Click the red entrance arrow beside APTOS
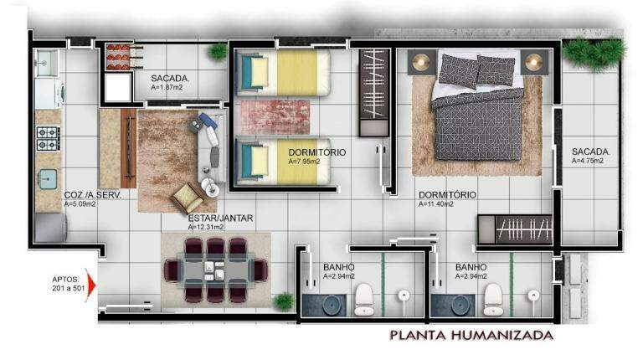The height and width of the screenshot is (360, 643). pyautogui.click(x=90, y=285)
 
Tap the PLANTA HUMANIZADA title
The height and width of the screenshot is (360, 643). pyautogui.click(x=471, y=335)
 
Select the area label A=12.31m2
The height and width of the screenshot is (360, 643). pyautogui.click(x=206, y=227)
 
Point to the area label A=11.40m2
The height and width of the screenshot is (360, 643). pyautogui.click(x=436, y=204)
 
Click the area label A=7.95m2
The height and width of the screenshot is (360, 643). pyautogui.click(x=304, y=162)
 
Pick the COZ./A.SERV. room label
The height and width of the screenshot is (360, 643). pyautogui.click(x=93, y=195)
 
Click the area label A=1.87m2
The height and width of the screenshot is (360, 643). pyautogui.click(x=167, y=87)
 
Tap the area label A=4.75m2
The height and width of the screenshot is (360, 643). pyautogui.click(x=588, y=161)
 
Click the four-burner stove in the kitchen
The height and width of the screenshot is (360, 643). pyautogui.click(x=48, y=138)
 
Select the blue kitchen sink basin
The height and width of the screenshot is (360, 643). pyautogui.click(x=48, y=180)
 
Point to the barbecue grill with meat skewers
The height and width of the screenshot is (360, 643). pyautogui.click(x=121, y=57)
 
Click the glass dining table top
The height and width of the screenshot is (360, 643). pyautogui.click(x=215, y=270)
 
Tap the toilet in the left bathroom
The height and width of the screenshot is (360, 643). pyautogui.click(x=363, y=300)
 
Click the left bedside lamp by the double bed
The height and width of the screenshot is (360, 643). pyautogui.click(x=421, y=62)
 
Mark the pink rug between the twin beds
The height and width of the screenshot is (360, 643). pyautogui.click(x=275, y=117)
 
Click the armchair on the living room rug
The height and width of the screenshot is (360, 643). pyautogui.click(x=188, y=198)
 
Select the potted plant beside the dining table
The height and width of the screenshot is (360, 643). pyautogui.click(x=284, y=301)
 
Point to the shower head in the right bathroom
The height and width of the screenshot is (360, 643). pyautogui.click(x=533, y=296)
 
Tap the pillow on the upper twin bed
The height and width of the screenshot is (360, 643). pyautogui.click(x=259, y=73)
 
